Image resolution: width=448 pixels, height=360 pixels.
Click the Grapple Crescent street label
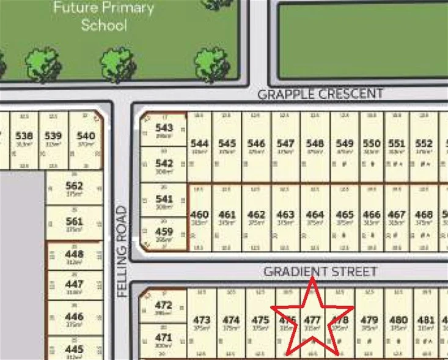pyautogui.click(x=320, y=94)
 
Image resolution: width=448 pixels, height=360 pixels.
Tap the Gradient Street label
pyautogui.click(x=320, y=271)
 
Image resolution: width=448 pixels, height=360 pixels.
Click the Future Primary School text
pyautogui.click(x=104, y=17)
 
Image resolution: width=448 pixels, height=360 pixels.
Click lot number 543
pyautogui.click(x=164, y=128)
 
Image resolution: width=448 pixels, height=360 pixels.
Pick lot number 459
pyautogui.click(x=164, y=232)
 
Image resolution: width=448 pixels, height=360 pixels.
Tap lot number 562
pyautogui.click(x=74, y=186)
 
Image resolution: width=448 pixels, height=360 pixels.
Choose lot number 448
pyautogui.click(x=74, y=254)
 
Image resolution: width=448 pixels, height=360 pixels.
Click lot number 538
pyautogui.click(x=24, y=136)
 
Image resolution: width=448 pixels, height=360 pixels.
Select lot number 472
pyautogui.click(x=164, y=305)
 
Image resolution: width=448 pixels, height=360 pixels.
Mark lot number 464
pyautogui.click(x=315, y=215)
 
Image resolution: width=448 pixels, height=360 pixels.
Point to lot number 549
pyautogui.click(x=345, y=144)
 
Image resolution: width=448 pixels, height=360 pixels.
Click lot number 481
pyautogui.click(x=426, y=320)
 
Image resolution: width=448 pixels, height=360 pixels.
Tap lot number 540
pyautogui.click(x=86, y=136)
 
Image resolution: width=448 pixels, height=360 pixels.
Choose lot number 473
pyautogui.click(x=202, y=320)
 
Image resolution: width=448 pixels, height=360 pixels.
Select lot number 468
pyautogui.click(x=424, y=215)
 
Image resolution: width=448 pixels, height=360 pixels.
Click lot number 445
pyautogui.click(x=74, y=348)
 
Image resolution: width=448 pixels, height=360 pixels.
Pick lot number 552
pyautogui.click(x=424, y=144)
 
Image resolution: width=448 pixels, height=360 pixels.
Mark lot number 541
pyautogui.click(x=164, y=199)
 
